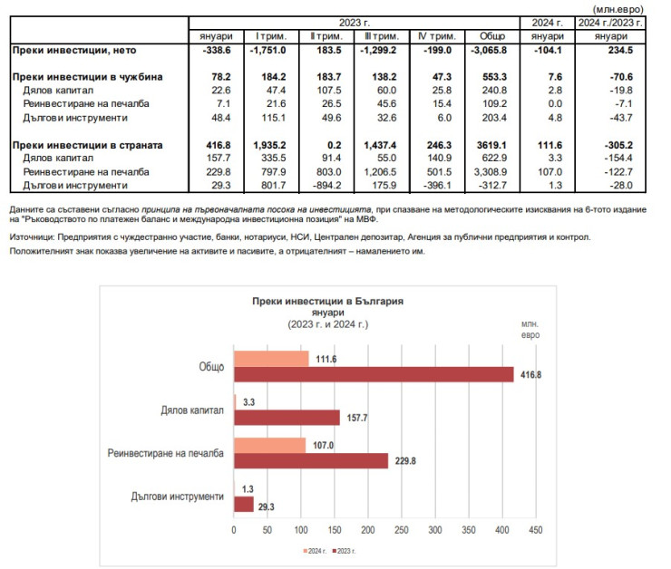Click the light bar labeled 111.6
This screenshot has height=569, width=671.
(x=271, y=359)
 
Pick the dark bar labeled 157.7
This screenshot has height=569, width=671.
(x=287, y=417)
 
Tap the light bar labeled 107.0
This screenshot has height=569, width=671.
(x=269, y=445)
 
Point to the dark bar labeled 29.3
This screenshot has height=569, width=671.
(x=244, y=504)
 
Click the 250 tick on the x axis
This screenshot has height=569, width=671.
(x=401, y=529)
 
